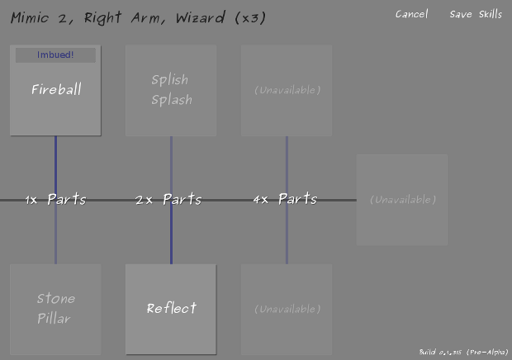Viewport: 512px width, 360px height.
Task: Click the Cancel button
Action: pyautogui.click(x=411, y=14)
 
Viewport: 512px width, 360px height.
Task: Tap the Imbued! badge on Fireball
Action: pyautogui.click(x=55, y=55)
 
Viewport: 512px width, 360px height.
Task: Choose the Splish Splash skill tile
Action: pyautogui.click(x=171, y=90)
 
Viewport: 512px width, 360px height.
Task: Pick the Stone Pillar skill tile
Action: pyautogui.click(x=55, y=309)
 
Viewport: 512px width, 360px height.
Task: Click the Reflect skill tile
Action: pyautogui.click(x=171, y=309)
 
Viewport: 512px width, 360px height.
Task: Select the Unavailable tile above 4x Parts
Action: pyautogui.click(x=287, y=90)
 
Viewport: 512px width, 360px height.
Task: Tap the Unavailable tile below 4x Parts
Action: pyautogui.click(x=287, y=309)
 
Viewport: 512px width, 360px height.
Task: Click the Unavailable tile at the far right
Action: pyautogui.click(x=402, y=200)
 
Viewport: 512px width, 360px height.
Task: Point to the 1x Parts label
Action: pyautogui.click(x=55, y=200)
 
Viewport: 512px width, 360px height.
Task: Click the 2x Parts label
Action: pyautogui.click(x=168, y=200)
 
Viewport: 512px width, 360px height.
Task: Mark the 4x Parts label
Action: pyautogui.click(x=285, y=200)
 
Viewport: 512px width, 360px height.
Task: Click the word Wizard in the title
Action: pyautogui.click(x=201, y=18)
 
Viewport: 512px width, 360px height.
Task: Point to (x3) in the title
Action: pyautogui.click(x=249, y=18)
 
